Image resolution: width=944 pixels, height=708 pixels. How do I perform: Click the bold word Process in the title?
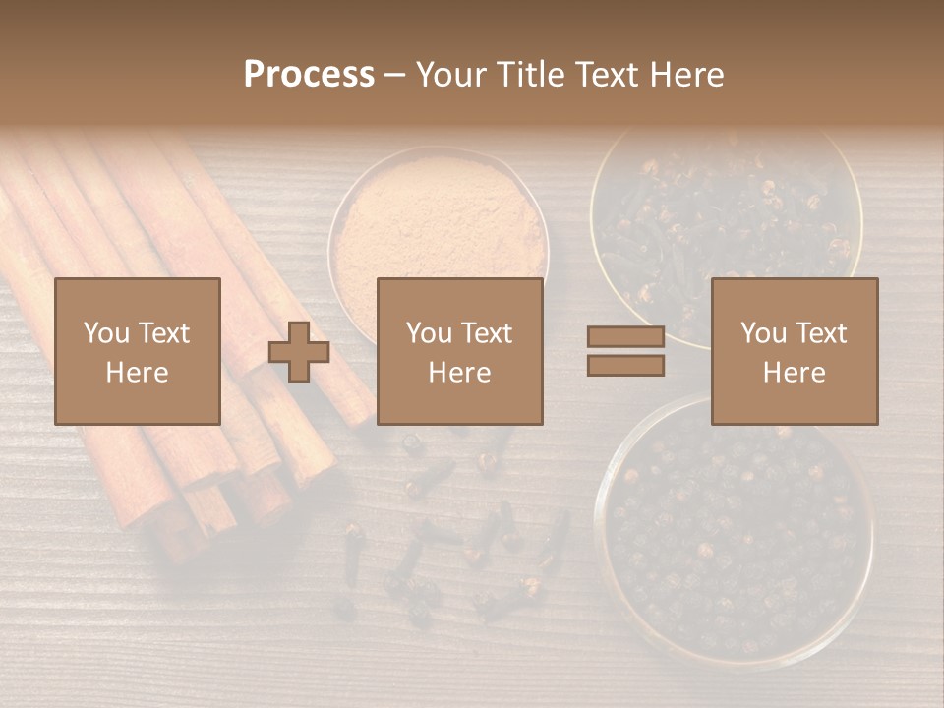(309, 74)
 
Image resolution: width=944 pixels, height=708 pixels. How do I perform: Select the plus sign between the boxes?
(299, 352)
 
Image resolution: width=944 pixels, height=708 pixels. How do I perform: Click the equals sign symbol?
(625, 352)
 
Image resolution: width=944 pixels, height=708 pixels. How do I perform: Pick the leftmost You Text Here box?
(137, 351)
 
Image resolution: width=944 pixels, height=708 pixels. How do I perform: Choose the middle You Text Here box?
(459, 351)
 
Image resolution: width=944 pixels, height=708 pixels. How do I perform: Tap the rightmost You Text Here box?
(794, 351)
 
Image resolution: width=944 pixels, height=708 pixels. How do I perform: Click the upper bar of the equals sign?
(625, 337)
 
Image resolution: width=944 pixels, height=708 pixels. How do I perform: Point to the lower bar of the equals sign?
(625, 366)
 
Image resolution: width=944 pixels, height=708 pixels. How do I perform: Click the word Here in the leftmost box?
(137, 372)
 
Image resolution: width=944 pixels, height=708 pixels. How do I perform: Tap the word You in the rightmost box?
(762, 333)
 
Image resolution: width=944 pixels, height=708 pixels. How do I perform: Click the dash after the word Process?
(395, 75)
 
